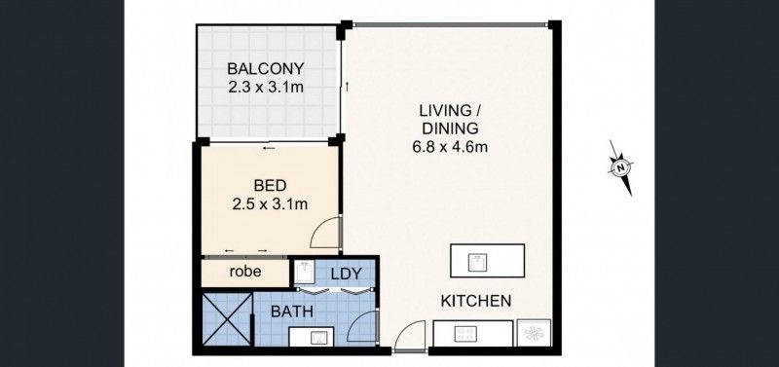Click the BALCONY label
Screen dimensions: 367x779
(266, 69)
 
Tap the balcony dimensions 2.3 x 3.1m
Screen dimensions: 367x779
(266, 87)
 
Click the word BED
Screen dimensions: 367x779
(269, 186)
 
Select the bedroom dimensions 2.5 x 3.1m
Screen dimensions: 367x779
(270, 204)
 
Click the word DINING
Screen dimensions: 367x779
(448, 128)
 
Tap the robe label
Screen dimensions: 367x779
(245, 273)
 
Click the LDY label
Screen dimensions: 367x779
(347, 275)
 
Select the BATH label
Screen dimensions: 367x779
(291, 312)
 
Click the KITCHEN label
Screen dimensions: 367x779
(476, 301)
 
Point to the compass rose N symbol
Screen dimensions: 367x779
(619, 167)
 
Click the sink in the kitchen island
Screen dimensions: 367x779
(476, 261)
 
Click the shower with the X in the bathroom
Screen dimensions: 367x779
(224, 318)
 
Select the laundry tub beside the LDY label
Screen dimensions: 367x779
(305, 272)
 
